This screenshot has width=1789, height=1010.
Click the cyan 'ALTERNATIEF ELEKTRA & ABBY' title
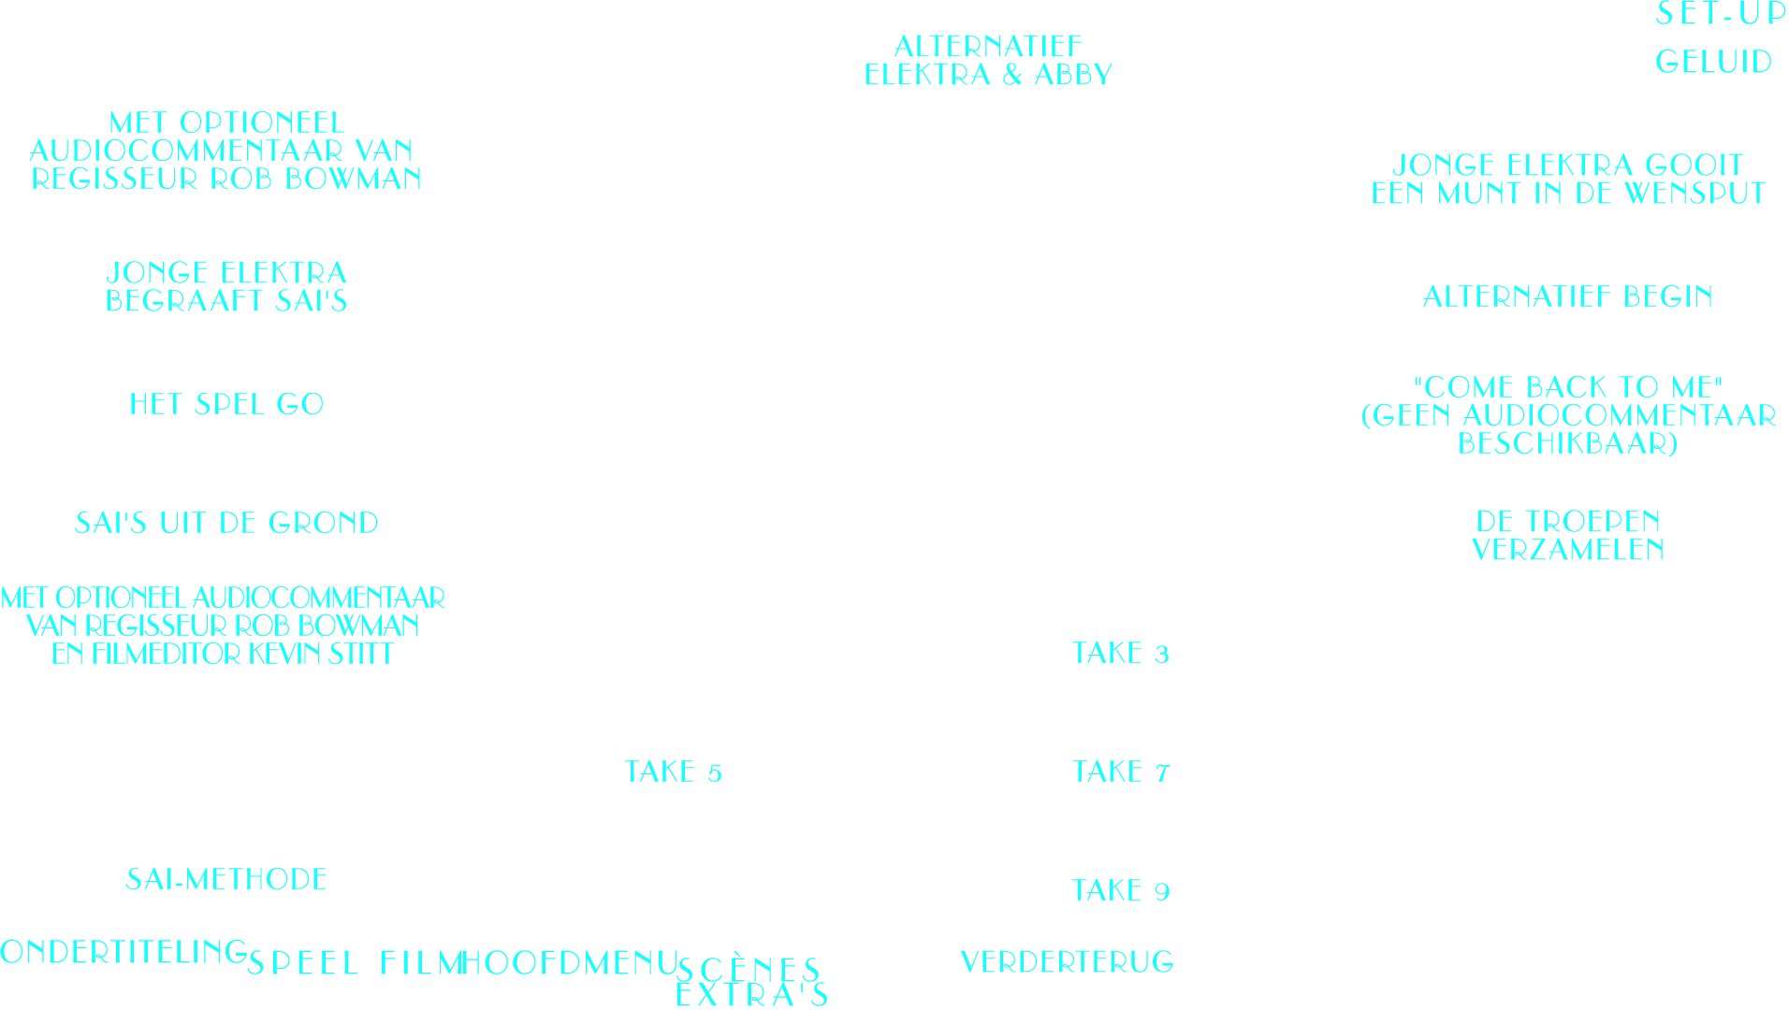(988, 61)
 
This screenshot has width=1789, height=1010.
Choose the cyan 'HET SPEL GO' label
(226, 405)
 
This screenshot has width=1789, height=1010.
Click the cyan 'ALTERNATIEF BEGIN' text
(1567, 297)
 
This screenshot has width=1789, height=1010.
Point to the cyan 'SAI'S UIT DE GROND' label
(226, 524)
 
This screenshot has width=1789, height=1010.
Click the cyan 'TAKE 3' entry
(1121, 654)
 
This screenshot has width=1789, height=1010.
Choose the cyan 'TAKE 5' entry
(674, 772)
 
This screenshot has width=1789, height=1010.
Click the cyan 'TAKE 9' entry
(1121, 891)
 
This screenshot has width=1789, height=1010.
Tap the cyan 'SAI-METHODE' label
(226, 880)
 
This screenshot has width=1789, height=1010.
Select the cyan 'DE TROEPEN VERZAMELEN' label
(1567, 536)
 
